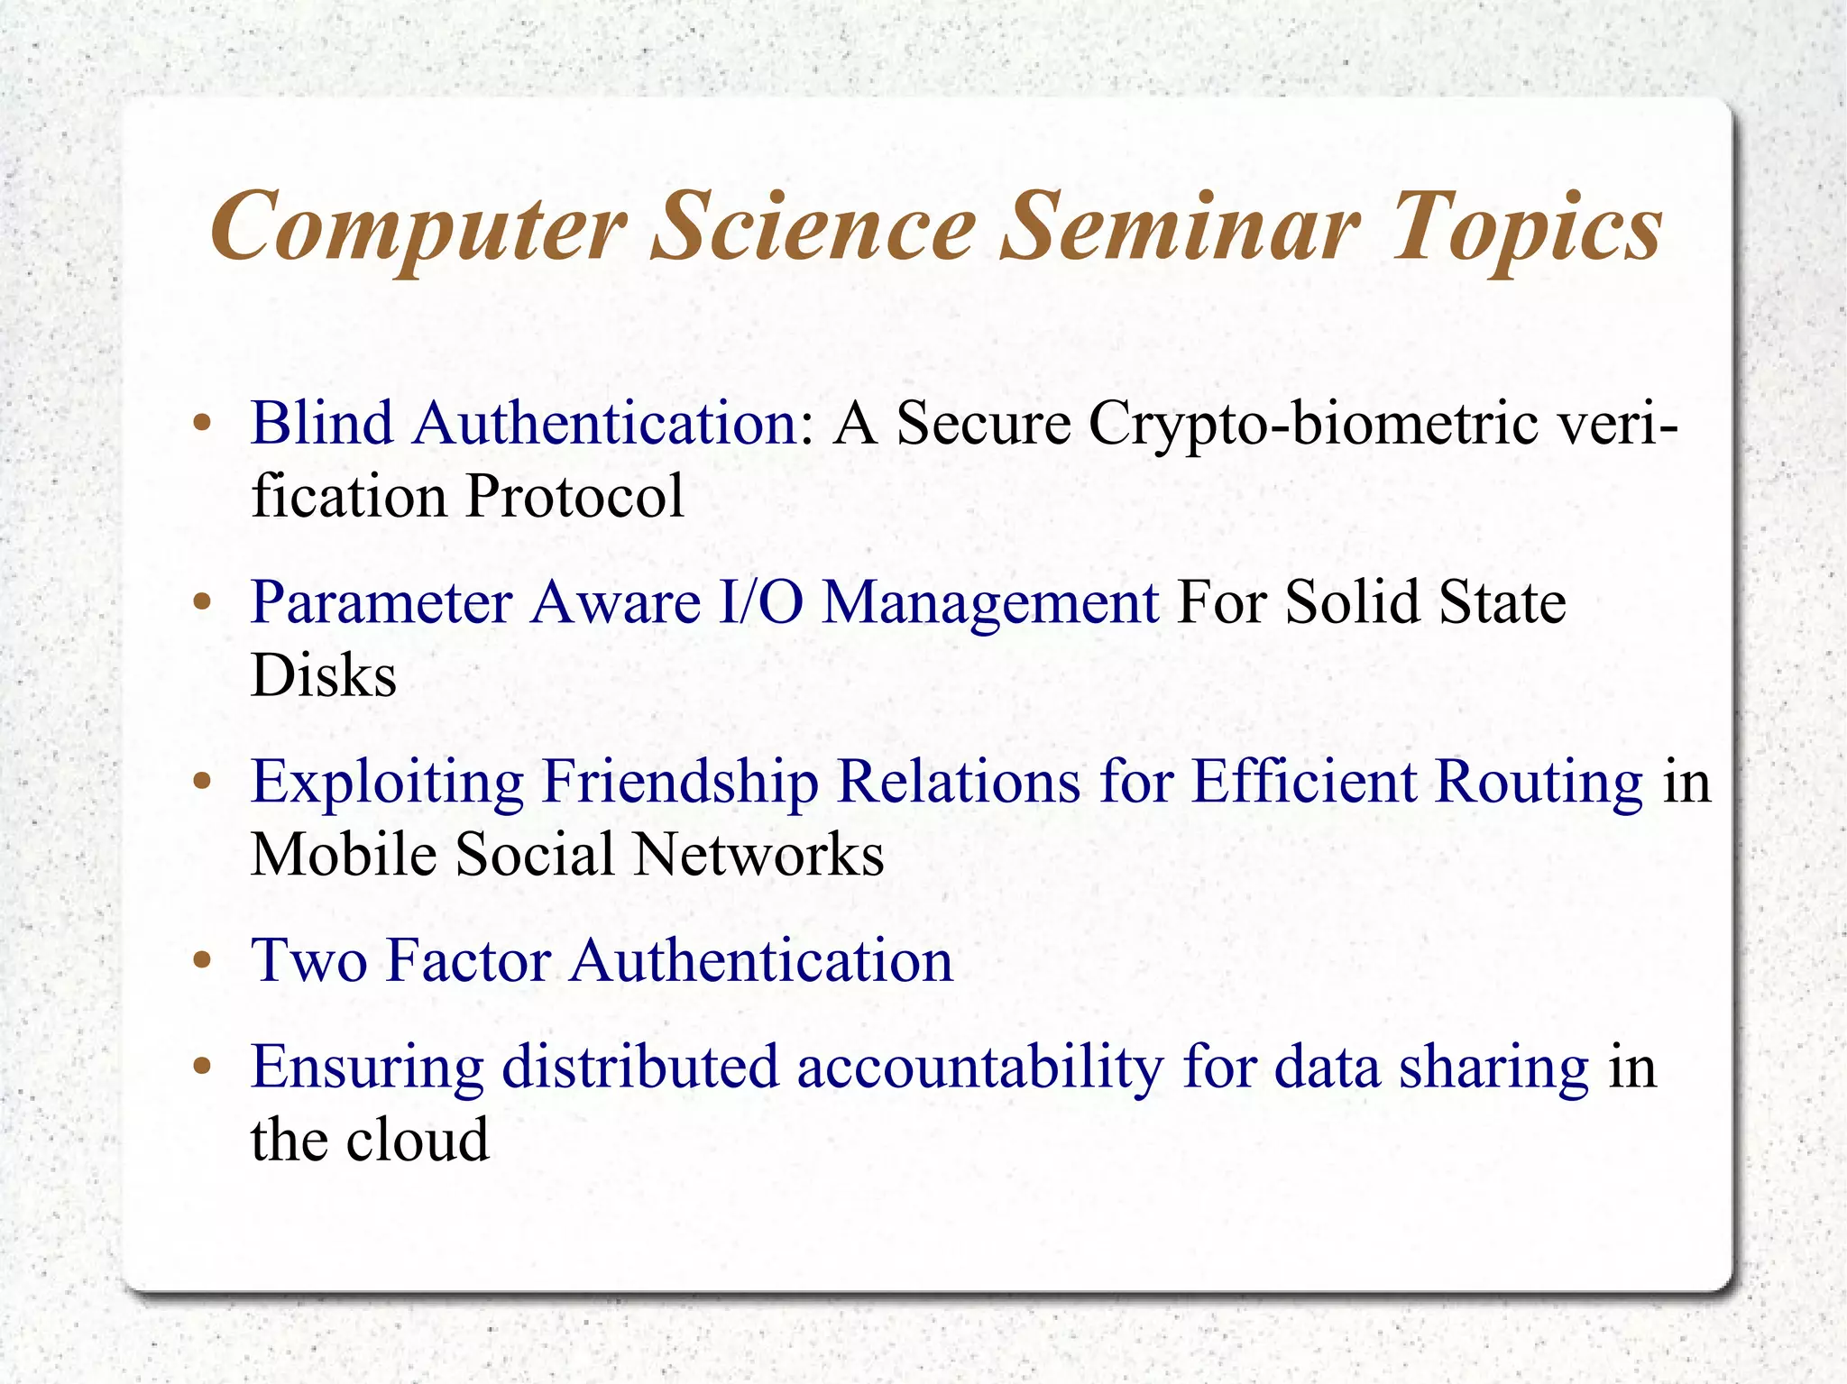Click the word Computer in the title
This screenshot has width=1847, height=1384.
(418, 227)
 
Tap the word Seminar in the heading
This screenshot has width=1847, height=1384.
(1181, 227)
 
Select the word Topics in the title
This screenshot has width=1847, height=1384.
(1527, 227)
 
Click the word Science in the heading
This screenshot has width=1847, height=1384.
(813, 227)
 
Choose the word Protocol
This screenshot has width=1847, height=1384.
(574, 496)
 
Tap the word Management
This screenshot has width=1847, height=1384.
(990, 601)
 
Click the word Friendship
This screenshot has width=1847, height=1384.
(680, 781)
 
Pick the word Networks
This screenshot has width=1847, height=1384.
(758, 854)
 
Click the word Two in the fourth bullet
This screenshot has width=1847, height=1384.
(308, 959)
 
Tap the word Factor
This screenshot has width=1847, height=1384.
(468, 959)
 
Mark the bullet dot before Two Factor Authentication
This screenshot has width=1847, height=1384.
(202, 961)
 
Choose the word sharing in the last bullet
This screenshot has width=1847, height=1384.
(1493, 1067)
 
